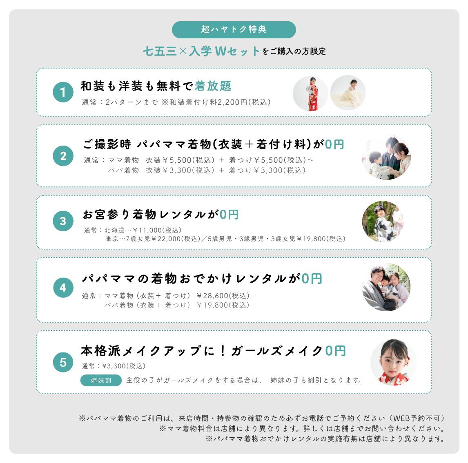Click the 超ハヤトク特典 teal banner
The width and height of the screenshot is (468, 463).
(x=234, y=29)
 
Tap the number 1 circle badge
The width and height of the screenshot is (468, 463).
(x=63, y=92)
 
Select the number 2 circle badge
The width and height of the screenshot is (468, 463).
(x=63, y=156)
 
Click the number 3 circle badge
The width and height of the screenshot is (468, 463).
(x=63, y=221)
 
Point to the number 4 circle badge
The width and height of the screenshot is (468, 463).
(x=63, y=288)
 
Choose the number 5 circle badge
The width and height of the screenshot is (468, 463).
(x=63, y=362)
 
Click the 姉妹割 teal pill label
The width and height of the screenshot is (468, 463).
(x=101, y=381)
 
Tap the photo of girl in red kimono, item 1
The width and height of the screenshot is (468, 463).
(x=310, y=93)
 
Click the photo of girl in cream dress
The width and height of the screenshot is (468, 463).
(x=348, y=93)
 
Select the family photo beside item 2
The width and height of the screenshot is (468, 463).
(x=386, y=158)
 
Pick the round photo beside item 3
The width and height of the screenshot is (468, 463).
(x=383, y=222)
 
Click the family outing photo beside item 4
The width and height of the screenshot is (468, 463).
(x=386, y=287)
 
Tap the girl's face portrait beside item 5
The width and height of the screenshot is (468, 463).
(x=393, y=363)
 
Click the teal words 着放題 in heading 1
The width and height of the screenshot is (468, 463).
(x=213, y=86)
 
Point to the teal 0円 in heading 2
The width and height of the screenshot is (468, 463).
(x=334, y=144)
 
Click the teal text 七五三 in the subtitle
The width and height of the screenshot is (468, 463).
(x=160, y=51)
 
